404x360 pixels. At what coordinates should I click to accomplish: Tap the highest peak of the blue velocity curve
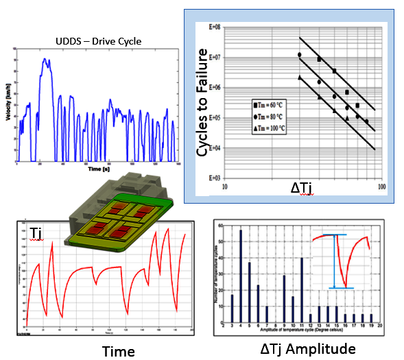tap(46, 60)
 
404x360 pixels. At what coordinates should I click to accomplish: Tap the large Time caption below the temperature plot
tap(118, 351)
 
